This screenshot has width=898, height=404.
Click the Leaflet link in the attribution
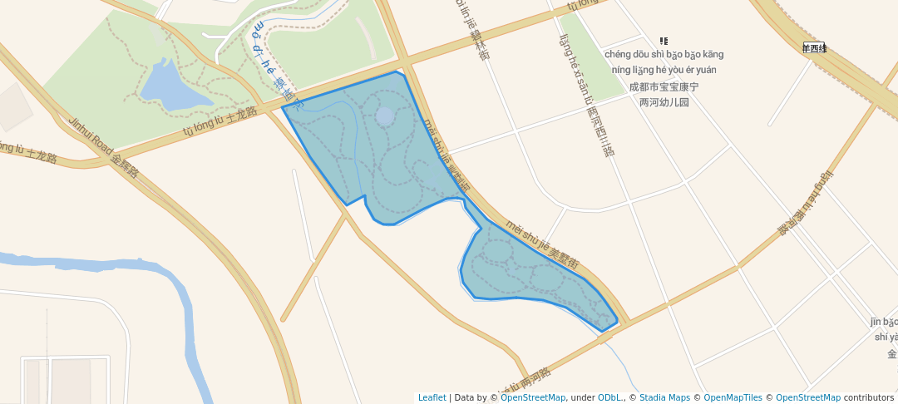coord(432,398)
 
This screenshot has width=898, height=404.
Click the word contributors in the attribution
coord(869,398)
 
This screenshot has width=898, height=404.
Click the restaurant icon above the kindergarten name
coord(663,41)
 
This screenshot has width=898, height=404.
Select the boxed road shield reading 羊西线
coord(813,47)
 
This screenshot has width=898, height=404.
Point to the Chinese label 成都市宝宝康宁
coord(664,86)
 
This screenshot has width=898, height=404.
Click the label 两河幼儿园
coord(664,102)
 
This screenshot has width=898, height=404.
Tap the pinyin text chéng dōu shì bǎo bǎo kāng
coord(664,55)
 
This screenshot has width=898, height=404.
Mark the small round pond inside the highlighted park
coord(384,116)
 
